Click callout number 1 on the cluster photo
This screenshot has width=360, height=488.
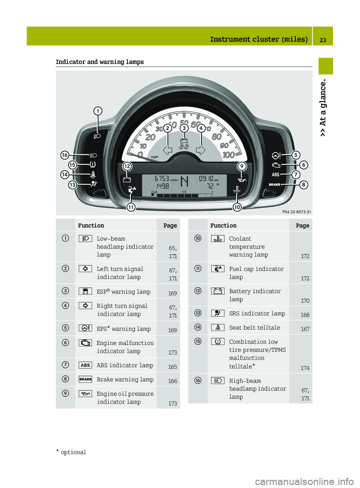pyautogui.click(x=98, y=111)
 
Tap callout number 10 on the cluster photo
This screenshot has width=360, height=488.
pyautogui.click(x=237, y=207)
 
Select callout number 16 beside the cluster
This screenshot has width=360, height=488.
pyautogui.click(x=65, y=155)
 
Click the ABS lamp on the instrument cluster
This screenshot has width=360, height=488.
pyautogui.click(x=276, y=175)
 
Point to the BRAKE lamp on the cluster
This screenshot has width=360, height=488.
pyautogui.click(x=274, y=184)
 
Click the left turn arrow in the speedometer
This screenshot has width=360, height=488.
pyautogui.click(x=168, y=150)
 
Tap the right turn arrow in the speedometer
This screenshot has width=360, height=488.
pyautogui.click(x=201, y=150)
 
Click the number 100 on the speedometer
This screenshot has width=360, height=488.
pyautogui.click(x=228, y=155)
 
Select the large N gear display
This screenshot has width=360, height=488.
pyautogui.click(x=184, y=181)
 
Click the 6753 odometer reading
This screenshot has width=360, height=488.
pyautogui.click(x=162, y=179)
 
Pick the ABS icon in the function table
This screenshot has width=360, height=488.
pyautogui.click(x=85, y=365)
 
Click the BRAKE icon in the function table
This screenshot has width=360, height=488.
pyautogui.click(x=85, y=379)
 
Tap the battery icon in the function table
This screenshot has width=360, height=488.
pyautogui.click(x=218, y=291)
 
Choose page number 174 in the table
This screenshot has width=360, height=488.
pyautogui.click(x=305, y=368)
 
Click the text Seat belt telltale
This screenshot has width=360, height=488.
pyautogui.click(x=254, y=328)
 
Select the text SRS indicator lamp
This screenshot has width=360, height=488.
pyautogui.click(x=257, y=313)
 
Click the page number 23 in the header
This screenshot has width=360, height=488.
pyautogui.click(x=323, y=40)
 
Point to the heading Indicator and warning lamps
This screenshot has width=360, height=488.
pyautogui.click(x=100, y=62)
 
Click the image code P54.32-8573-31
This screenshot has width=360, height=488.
pyautogui.click(x=296, y=212)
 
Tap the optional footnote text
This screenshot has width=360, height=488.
pyautogui.click(x=73, y=452)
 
